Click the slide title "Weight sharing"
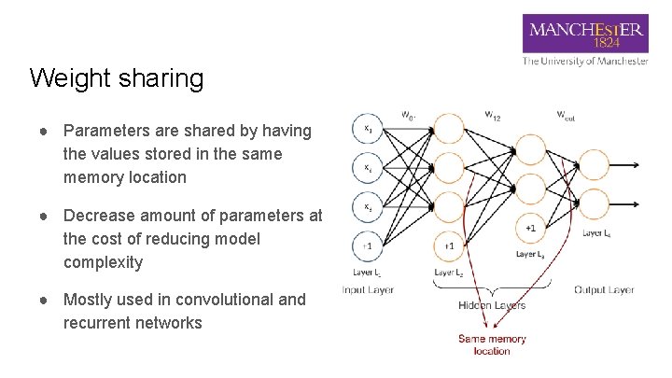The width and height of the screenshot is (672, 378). [116, 78]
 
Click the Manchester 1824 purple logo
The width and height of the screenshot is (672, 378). [585, 35]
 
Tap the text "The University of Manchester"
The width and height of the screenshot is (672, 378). [585, 61]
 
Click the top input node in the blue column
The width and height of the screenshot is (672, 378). [370, 129]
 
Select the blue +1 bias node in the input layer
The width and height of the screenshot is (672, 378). [370, 245]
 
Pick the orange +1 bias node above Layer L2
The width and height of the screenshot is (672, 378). [449, 245]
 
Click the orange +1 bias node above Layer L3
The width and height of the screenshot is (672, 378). [530, 227]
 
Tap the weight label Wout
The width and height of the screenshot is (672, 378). [566, 115]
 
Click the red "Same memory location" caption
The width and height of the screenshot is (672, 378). [492, 344]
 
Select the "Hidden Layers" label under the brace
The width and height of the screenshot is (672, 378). [492, 305]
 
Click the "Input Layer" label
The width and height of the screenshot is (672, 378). [368, 289]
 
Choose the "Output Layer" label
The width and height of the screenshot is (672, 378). [604, 289]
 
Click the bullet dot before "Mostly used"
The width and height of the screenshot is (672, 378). [45, 300]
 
